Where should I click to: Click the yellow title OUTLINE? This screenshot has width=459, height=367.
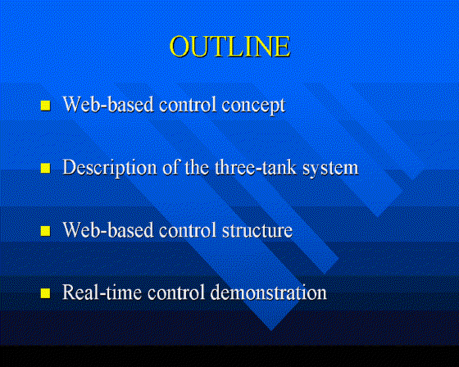click(x=229, y=46)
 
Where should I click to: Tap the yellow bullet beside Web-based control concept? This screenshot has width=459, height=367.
click(x=45, y=106)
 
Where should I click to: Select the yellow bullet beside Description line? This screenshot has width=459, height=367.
click(x=45, y=168)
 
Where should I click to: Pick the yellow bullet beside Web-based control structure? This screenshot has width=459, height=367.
click(x=45, y=231)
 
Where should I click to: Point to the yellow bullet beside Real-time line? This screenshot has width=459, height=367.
click(x=45, y=293)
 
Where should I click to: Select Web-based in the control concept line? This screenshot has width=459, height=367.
click(x=108, y=104)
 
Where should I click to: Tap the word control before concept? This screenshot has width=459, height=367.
click(x=188, y=104)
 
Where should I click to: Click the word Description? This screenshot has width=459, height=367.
click(x=110, y=168)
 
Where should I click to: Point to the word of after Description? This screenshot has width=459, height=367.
click(x=170, y=167)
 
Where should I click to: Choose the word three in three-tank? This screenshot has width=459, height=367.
click(x=237, y=167)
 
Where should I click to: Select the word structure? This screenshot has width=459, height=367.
click(x=257, y=230)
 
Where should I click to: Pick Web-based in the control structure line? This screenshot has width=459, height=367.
click(x=108, y=229)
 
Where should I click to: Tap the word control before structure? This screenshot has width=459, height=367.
click(x=188, y=229)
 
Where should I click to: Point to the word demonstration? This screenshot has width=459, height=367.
click(x=269, y=292)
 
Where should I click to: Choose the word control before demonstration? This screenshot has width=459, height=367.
click(x=176, y=292)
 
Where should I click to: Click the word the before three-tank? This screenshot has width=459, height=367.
click(x=197, y=167)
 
